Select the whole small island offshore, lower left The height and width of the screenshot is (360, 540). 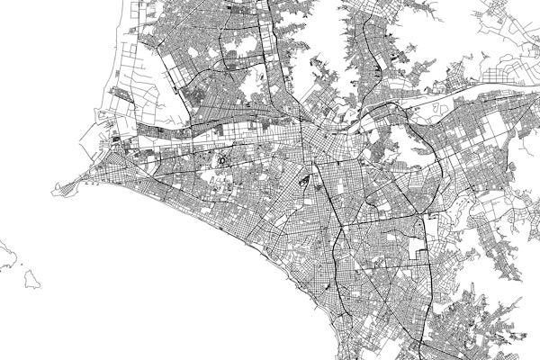[31, 279]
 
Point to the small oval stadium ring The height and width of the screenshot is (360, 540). [221, 162]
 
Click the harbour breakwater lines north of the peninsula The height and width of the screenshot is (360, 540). [90, 135]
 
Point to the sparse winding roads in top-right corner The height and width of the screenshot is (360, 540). [504, 18]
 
